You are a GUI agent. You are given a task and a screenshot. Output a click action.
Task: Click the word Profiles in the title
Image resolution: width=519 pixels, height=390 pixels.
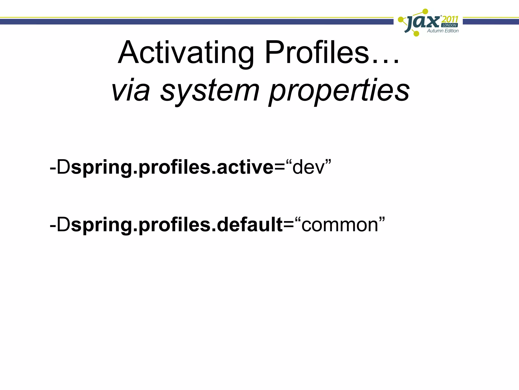point(317,53)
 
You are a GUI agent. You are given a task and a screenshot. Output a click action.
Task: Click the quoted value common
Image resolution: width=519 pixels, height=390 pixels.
point(340,225)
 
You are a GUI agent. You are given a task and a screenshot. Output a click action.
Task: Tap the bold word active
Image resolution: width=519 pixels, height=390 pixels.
point(245,168)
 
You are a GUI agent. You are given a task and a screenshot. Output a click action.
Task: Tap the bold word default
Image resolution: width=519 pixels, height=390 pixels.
point(250,225)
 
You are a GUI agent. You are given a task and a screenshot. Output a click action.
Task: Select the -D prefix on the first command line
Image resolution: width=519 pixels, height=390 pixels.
point(60,168)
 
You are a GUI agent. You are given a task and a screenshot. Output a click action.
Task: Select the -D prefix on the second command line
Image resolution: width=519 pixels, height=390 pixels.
point(60,225)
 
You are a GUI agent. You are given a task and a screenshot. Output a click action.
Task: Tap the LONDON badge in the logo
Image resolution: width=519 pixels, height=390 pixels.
point(450,25)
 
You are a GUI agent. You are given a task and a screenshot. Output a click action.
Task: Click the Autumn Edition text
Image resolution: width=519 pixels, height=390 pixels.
point(443,31)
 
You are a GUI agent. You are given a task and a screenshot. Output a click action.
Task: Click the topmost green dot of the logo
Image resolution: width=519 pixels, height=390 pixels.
point(425,11)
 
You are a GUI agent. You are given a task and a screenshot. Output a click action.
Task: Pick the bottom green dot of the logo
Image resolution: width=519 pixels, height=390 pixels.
point(416,33)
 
